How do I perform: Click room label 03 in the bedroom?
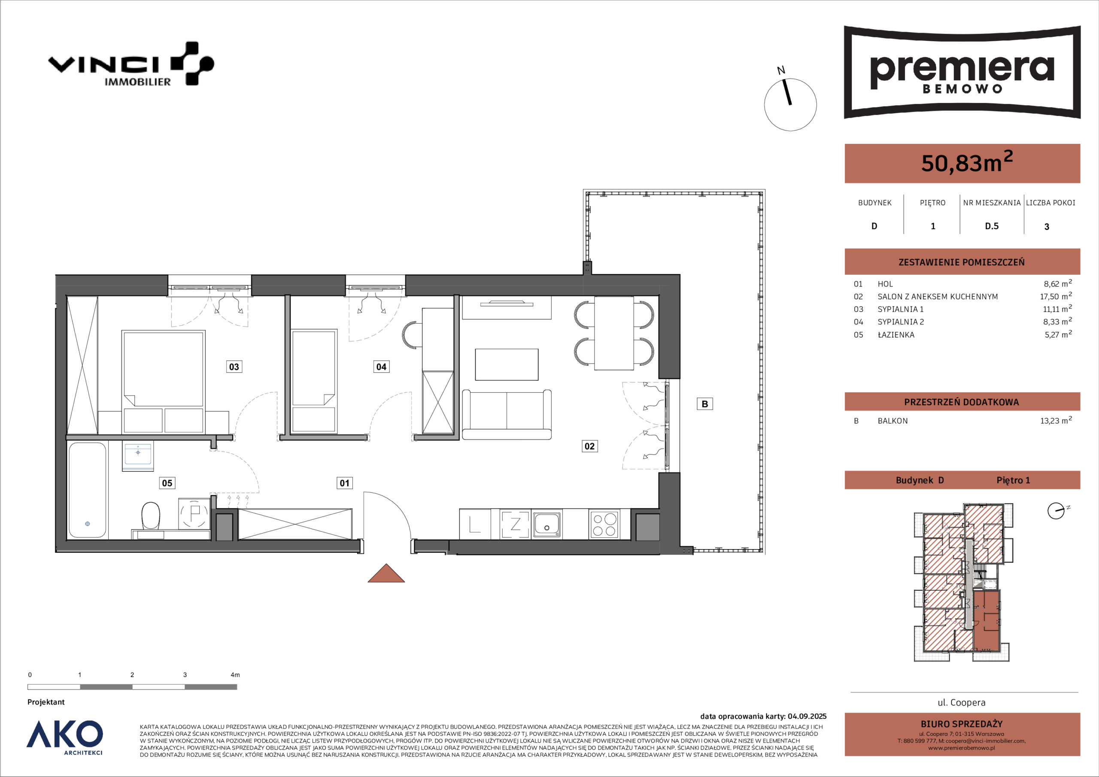pyautogui.click(x=234, y=367)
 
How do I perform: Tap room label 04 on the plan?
pyautogui.click(x=381, y=367)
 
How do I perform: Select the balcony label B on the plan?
pyautogui.click(x=704, y=404)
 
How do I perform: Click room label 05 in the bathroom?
pyautogui.click(x=167, y=483)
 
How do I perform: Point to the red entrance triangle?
pyautogui.click(x=386, y=574)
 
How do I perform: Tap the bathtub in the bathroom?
pyautogui.click(x=87, y=490)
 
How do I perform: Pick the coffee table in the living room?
pyautogui.click(x=507, y=364)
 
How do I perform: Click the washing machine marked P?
pyautogui.click(x=194, y=514)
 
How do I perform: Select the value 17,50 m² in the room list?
pyautogui.click(x=1056, y=296)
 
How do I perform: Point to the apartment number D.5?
pyautogui.click(x=992, y=226)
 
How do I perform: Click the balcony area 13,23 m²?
pyautogui.click(x=1056, y=420)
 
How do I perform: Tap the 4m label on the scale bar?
pyautogui.click(x=235, y=675)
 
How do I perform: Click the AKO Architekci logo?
pyautogui.click(x=65, y=737)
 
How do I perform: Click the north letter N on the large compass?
pyautogui.click(x=781, y=71)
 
